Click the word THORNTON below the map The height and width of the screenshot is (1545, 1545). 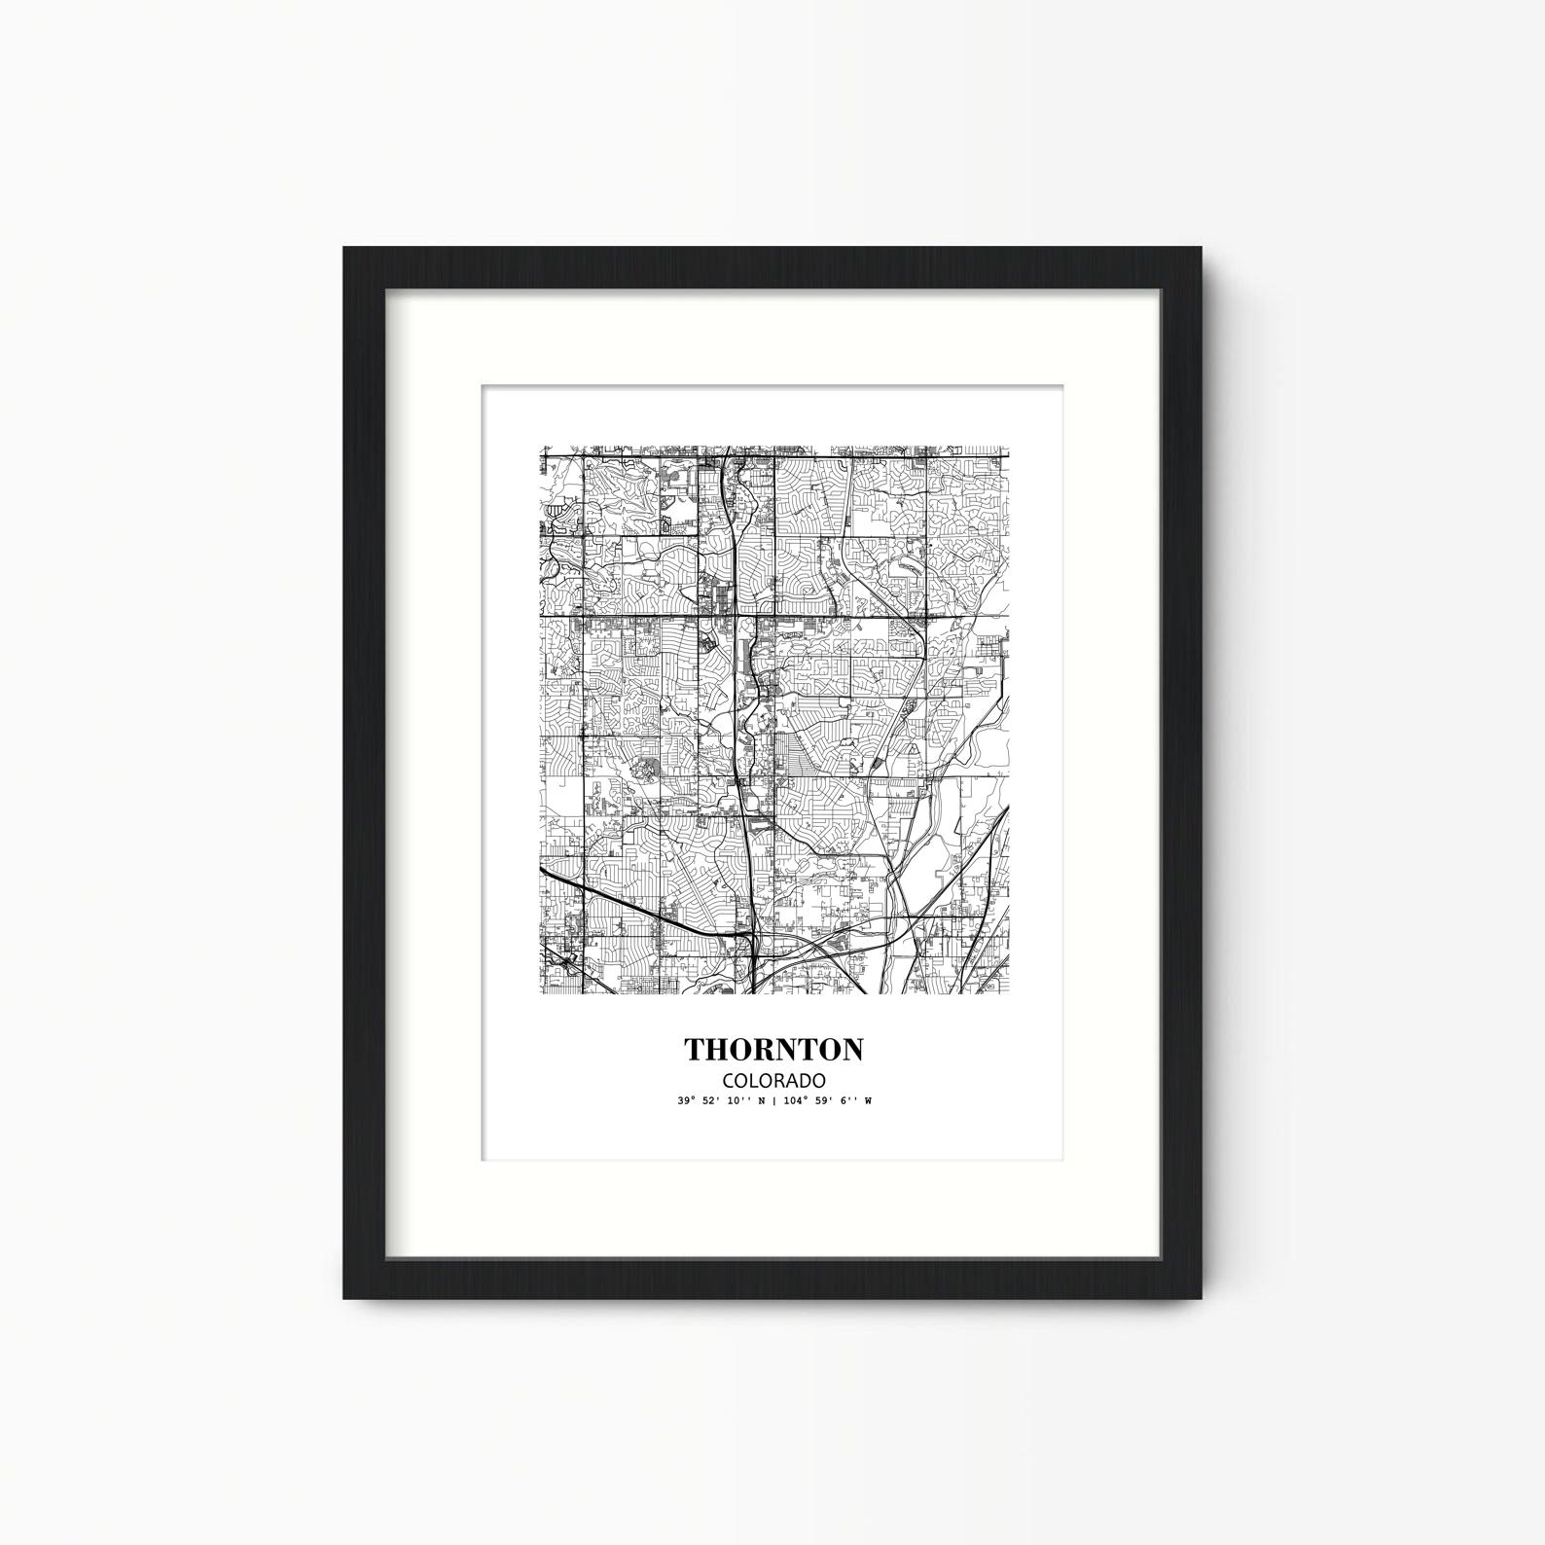pos(772,1050)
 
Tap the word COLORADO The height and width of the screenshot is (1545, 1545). pos(772,1081)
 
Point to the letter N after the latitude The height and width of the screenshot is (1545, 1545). pos(761,1101)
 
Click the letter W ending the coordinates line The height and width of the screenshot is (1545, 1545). pos(868,1101)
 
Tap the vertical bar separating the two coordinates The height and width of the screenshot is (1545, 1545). pos(773,1101)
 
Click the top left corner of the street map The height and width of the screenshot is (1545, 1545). pos(541,449)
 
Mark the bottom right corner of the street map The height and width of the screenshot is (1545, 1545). pos(1009,994)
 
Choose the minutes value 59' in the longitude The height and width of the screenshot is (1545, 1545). pos(822,1101)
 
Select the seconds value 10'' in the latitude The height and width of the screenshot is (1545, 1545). pos(737,1101)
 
